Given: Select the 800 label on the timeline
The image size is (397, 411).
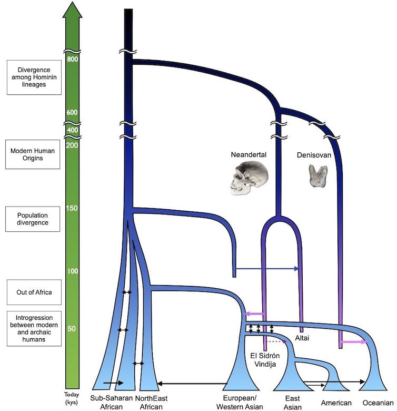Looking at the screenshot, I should coord(73,59).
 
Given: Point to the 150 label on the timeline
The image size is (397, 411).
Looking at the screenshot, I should coord(73,208).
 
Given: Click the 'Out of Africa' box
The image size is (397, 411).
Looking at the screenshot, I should coord(33,292).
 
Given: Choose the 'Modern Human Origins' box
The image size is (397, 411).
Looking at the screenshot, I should coord(33,154).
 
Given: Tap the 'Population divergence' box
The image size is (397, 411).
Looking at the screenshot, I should coord(33,219).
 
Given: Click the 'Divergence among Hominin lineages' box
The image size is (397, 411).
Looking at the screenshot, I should coord(33,77).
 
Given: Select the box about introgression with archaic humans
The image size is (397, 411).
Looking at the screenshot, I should coord(33,328).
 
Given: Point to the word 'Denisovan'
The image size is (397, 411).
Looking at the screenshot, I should coord(317,155).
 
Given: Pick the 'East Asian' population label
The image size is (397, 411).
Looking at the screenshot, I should coord(292,403).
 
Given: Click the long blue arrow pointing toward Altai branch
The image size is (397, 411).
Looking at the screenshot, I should coord(267,269).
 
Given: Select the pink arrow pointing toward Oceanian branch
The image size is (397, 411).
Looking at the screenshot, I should coord(353,342).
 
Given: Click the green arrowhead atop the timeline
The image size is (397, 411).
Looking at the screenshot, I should coord(73,9).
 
